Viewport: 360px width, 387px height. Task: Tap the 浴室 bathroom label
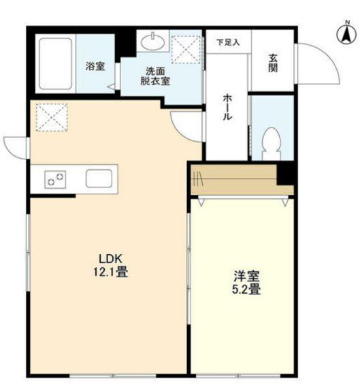coord(95,66)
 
